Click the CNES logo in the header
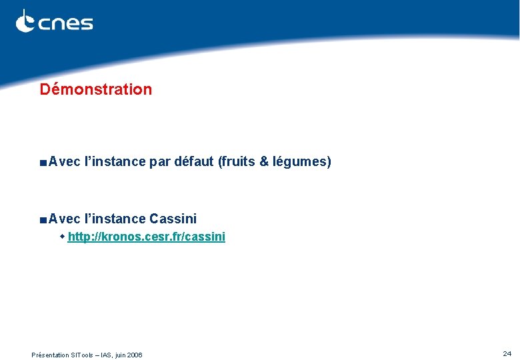[54, 22]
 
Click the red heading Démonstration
[95, 89]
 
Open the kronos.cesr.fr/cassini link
[146, 237]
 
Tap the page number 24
[507, 353]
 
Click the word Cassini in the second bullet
[173, 219]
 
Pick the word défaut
[193, 161]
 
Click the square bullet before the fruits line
[43, 162]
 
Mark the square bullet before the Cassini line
[43, 219]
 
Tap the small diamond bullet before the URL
[63, 237]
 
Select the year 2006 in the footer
[133, 355]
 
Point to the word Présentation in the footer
[50, 355]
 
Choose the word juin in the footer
[118, 355]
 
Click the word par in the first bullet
[159, 161]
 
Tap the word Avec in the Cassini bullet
[64, 219]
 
